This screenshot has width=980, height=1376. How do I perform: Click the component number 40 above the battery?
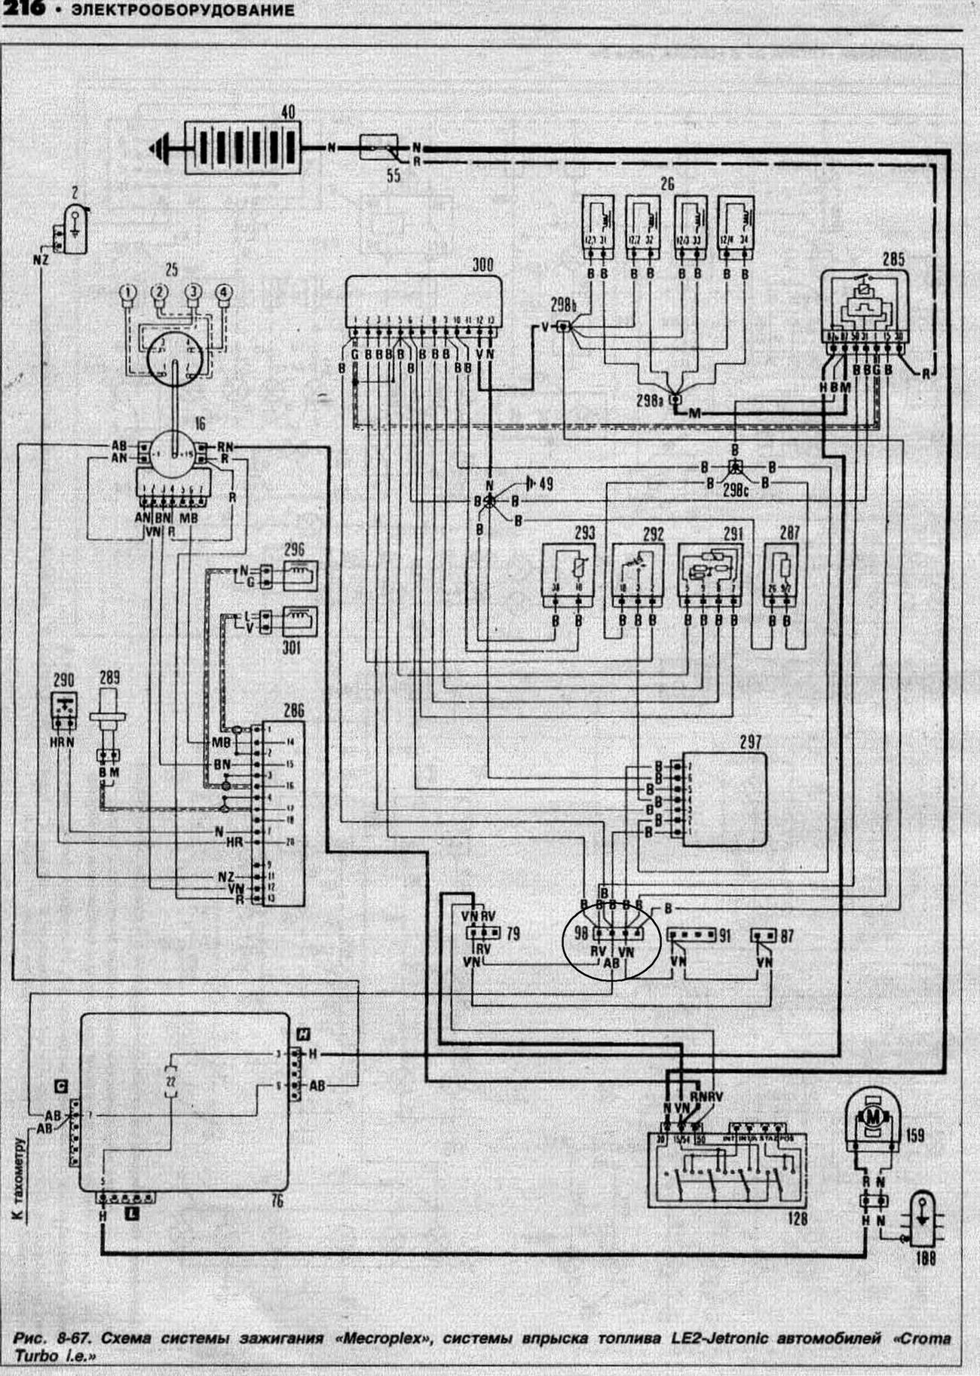coord(287,112)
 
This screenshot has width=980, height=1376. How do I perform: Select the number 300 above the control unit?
coord(482,265)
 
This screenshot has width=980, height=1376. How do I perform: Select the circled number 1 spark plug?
coord(130,291)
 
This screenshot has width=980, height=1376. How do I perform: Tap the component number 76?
coord(277,1201)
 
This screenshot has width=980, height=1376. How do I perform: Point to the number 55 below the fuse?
coord(392,177)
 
